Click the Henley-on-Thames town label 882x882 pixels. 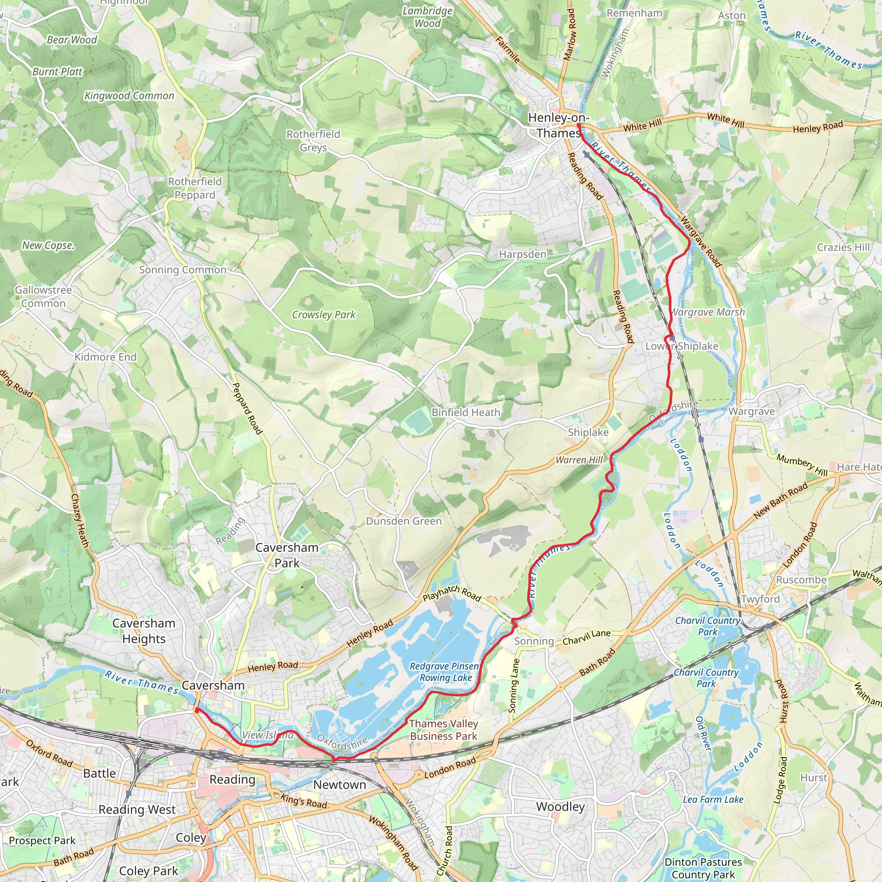(558, 125)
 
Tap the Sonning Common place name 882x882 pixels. (183, 270)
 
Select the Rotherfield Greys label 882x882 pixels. (313, 140)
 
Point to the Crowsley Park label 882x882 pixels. (323, 314)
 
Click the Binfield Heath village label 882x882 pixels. (466, 412)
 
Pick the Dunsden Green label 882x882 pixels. (404, 521)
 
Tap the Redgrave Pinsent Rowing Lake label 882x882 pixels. (444, 672)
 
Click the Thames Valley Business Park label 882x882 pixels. (443, 730)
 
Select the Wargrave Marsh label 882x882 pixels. (708, 312)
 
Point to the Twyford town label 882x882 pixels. (760, 599)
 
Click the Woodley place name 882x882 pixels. (560, 807)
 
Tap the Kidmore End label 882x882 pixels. (106, 357)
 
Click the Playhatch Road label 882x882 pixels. (451, 594)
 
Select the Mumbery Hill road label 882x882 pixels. (802, 465)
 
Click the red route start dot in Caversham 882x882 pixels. (197, 710)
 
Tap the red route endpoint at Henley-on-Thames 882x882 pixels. (578, 124)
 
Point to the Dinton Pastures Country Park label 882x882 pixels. (703, 868)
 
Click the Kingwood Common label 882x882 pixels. (129, 96)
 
